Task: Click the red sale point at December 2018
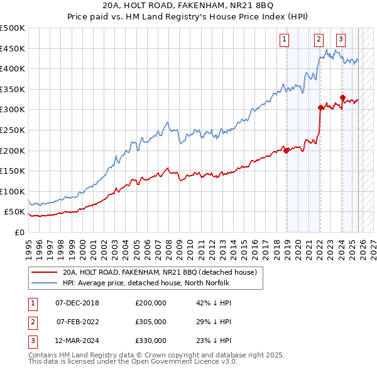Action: tap(287, 151)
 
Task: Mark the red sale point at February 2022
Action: tap(320, 107)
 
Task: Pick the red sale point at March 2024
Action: tap(342, 97)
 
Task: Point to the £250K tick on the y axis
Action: tap(13, 130)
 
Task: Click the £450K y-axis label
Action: tap(13, 48)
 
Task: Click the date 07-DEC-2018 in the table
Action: tap(77, 303)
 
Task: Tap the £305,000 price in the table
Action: tap(151, 322)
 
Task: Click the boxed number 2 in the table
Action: tap(32, 322)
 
